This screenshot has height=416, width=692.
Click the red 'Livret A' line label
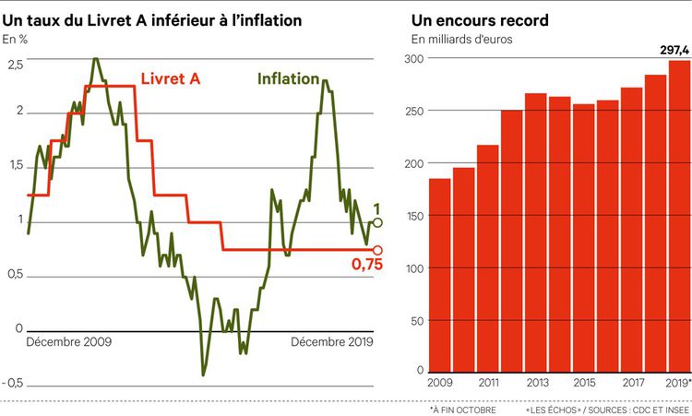(x=170, y=79)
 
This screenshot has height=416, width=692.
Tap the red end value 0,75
(x=366, y=266)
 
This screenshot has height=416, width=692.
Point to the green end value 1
(x=376, y=208)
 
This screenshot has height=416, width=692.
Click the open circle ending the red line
(x=376, y=250)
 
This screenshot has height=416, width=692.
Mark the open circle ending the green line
(x=376, y=222)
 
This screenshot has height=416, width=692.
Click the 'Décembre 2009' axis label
(x=69, y=341)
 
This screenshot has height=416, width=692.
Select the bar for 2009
(x=440, y=276)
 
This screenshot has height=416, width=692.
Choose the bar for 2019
(x=679, y=217)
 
